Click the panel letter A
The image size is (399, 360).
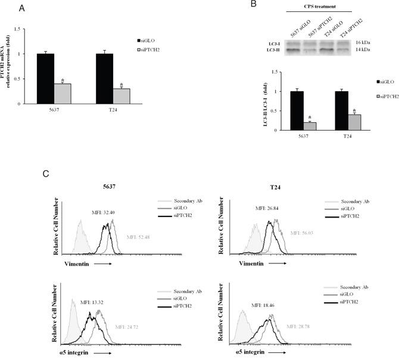pyautogui.click(x=22, y=8)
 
